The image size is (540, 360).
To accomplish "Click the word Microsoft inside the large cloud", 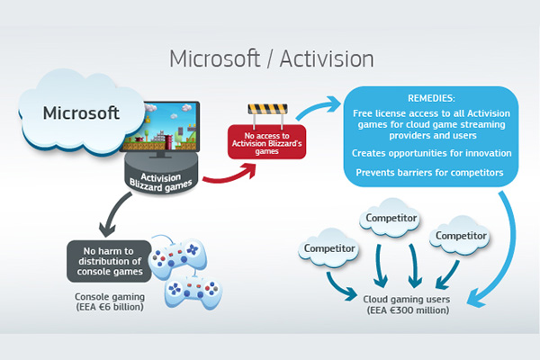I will (81, 114).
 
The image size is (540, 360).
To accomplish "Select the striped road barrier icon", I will (267, 114).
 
